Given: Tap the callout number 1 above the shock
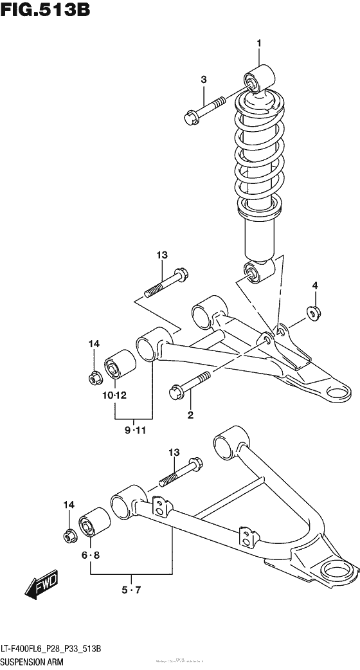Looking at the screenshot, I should (x=259, y=43).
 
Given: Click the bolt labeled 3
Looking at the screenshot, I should (x=204, y=110).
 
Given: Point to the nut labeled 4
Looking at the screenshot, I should (x=314, y=312).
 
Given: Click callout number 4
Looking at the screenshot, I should (x=315, y=285).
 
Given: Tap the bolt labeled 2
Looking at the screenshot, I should (x=188, y=385).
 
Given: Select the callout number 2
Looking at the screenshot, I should (x=190, y=415).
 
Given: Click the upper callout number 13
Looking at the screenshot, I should (x=161, y=255).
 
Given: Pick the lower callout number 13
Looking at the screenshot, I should (x=173, y=453).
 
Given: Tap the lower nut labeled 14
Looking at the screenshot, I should (x=68, y=534).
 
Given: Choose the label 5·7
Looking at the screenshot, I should (x=131, y=589).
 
